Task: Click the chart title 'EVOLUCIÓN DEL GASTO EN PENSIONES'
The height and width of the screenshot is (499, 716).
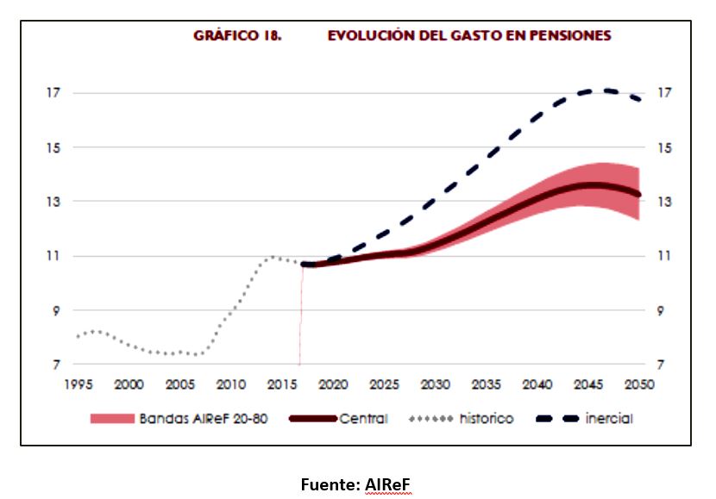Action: click(x=469, y=36)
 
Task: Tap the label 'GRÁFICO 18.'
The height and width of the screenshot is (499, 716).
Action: click(x=237, y=36)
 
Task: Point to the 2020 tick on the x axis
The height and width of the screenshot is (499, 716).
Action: click(x=333, y=384)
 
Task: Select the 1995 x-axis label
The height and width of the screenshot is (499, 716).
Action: click(x=79, y=384)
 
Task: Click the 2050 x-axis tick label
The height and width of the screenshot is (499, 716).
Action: click(x=639, y=384)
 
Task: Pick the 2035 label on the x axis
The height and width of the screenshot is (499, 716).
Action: click(x=487, y=384)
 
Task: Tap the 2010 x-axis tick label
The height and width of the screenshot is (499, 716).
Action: click(x=231, y=384)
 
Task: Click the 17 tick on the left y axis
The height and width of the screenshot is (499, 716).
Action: click(x=55, y=93)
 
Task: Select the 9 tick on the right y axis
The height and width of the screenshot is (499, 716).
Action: click(x=663, y=310)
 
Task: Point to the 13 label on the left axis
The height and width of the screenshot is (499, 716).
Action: click(x=55, y=202)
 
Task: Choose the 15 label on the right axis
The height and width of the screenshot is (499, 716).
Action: click(x=663, y=147)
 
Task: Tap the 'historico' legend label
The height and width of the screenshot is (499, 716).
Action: click(x=486, y=419)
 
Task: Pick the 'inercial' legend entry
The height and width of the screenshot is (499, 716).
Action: click(x=609, y=419)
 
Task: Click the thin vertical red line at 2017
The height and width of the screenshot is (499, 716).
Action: click(x=300, y=319)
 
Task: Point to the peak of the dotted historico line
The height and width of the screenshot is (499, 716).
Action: click(x=273, y=256)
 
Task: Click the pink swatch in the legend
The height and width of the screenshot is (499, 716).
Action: click(x=112, y=419)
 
